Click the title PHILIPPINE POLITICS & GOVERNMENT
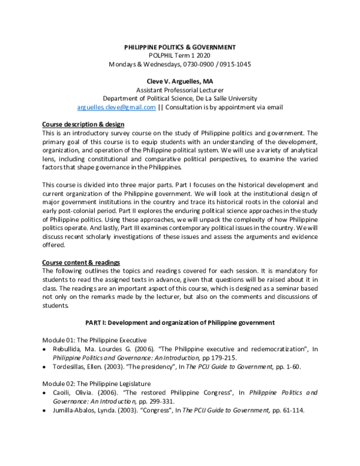coord(180,47)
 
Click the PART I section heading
coord(180,322)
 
